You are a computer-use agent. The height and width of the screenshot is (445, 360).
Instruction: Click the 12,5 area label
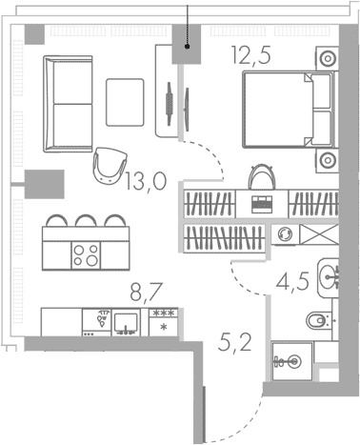click(251, 55)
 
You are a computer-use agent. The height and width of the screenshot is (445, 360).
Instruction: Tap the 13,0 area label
click(146, 182)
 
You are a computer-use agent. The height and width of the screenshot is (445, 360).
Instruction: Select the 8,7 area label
click(147, 293)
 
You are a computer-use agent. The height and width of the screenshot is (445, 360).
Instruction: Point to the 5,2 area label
click(235, 343)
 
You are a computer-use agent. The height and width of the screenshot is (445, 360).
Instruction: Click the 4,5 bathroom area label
click(292, 282)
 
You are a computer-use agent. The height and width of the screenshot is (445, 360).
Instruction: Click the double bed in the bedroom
click(289, 110)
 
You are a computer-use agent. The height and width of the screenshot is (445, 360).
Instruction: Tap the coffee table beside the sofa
click(125, 102)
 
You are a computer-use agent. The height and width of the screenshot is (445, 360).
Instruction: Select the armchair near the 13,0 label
click(110, 166)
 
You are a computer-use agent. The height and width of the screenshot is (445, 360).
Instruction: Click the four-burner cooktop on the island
click(86, 255)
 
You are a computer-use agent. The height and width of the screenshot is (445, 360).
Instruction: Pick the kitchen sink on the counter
click(126, 322)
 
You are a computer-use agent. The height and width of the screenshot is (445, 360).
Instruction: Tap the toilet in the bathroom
click(318, 320)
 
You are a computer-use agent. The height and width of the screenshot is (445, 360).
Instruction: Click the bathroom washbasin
click(329, 277)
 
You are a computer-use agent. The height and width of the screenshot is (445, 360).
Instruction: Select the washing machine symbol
click(285, 234)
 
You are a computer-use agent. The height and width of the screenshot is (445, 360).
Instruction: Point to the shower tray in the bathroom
click(292, 361)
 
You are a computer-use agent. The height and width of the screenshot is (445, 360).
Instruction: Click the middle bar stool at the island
click(86, 220)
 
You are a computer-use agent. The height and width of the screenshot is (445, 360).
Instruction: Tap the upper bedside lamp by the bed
click(328, 58)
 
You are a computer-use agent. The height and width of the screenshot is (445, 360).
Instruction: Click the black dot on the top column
click(188, 47)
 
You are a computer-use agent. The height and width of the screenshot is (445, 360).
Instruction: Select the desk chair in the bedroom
click(262, 177)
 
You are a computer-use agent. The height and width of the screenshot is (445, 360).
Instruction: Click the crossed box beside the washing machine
click(319, 234)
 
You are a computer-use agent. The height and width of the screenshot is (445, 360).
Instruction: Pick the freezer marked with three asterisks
click(163, 322)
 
